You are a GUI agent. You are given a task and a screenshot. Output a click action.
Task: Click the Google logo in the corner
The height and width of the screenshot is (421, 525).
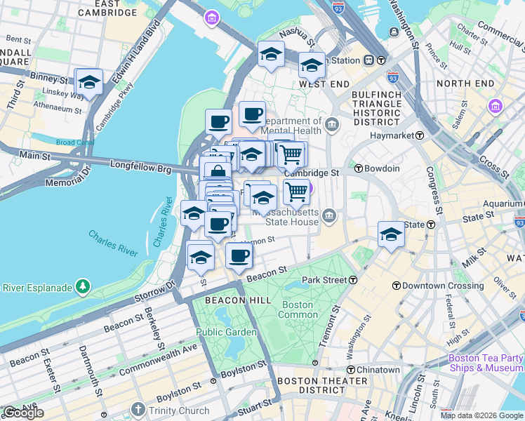(x=23, y=413)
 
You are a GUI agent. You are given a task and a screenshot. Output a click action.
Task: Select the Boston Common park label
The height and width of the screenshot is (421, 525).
(x=298, y=309)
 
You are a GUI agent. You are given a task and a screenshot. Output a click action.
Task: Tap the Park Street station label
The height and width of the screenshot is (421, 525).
(x=325, y=280)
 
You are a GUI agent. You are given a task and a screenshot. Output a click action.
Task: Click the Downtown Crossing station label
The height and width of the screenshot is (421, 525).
(x=433, y=286)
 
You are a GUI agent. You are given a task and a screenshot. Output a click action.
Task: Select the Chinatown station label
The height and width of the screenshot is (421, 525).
(x=378, y=370)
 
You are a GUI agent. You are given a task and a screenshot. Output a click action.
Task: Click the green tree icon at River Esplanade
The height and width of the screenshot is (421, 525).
(x=83, y=286)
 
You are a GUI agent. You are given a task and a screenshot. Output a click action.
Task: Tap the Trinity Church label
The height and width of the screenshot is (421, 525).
(x=178, y=410)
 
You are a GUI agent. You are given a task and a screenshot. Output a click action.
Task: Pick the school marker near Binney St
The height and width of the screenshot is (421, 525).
(x=89, y=82)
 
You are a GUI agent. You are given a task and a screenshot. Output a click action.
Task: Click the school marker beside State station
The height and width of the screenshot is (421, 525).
(x=391, y=234)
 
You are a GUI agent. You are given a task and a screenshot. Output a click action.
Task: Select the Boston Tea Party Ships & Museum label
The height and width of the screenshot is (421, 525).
(x=486, y=363)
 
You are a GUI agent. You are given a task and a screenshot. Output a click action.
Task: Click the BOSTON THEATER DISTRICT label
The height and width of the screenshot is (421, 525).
(x=313, y=385)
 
